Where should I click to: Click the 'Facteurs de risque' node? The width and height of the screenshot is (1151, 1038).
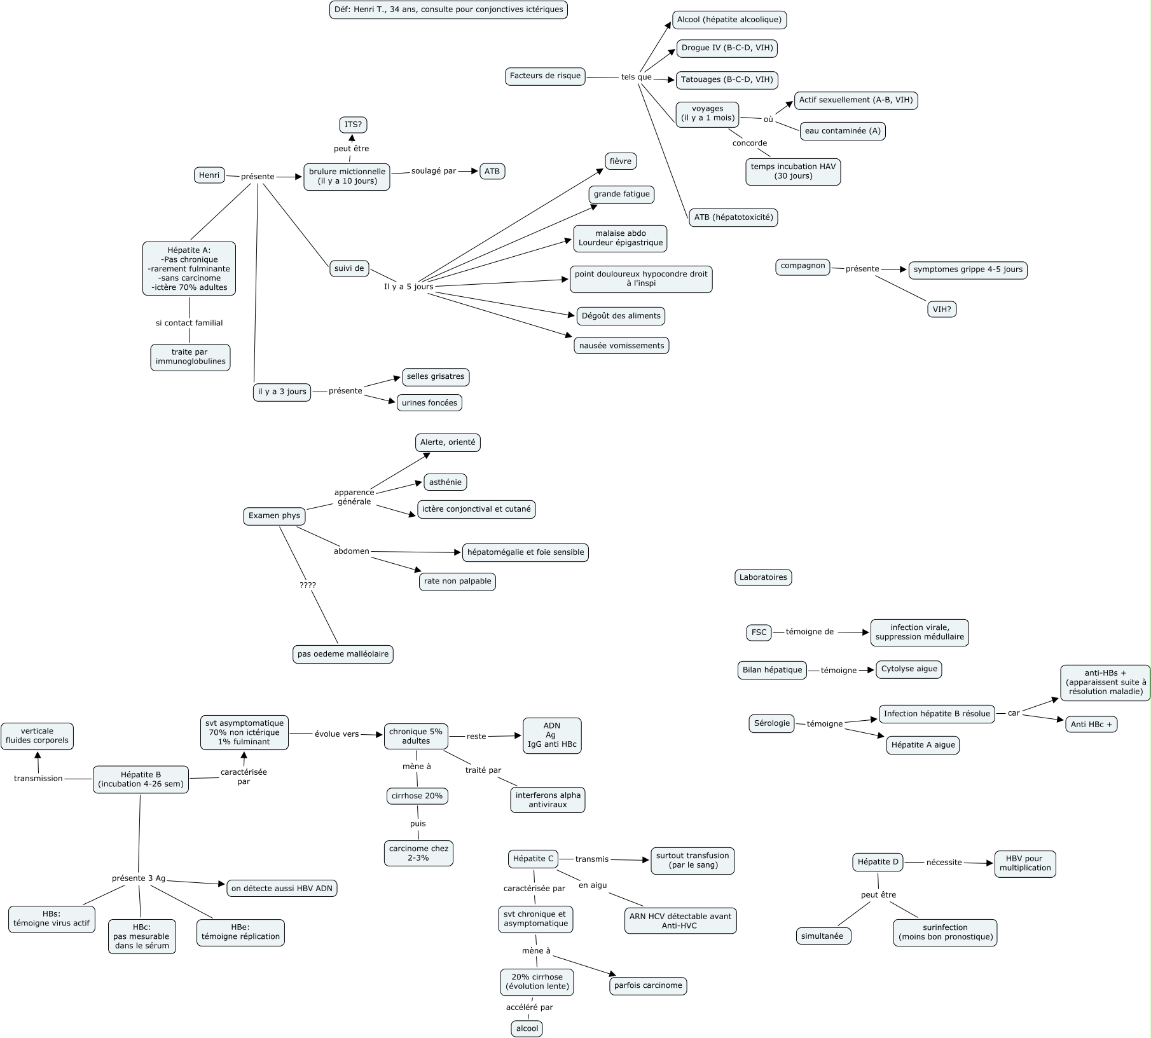click(x=545, y=76)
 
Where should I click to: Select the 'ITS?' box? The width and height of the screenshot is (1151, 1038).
click(x=353, y=125)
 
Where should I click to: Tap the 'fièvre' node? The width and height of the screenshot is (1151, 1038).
click(x=620, y=161)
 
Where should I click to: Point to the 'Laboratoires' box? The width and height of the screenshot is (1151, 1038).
click(x=762, y=578)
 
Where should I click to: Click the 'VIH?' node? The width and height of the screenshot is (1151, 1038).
click(x=942, y=310)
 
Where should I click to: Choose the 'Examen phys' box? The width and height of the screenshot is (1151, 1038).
click(x=274, y=516)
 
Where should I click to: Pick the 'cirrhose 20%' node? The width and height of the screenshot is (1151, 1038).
click(x=417, y=796)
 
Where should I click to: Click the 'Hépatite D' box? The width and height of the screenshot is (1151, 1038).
click(x=878, y=863)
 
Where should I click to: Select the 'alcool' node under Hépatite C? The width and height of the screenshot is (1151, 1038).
click(x=527, y=1028)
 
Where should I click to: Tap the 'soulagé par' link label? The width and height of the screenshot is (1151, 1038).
click(x=434, y=171)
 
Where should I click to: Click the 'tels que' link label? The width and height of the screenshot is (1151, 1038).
click(x=636, y=78)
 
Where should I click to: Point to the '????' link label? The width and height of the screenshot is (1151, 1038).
click(x=308, y=585)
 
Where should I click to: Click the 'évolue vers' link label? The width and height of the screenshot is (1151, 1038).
click(x=336, y=734)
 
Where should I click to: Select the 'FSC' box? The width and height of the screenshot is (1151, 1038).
click(x=759, y=632)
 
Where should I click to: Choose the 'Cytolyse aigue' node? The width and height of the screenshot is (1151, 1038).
click(x=909, y=669)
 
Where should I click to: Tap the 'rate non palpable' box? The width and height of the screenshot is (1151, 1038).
click(x=457, y=582)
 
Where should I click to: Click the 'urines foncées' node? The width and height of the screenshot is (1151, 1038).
click(x=429, y=403)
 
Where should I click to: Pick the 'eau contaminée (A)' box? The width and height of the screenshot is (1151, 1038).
click(x=843, y=132)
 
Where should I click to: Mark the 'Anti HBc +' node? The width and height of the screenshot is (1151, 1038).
click(x=1091, y=725)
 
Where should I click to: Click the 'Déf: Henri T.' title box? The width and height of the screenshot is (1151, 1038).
click(x=448, y=10)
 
